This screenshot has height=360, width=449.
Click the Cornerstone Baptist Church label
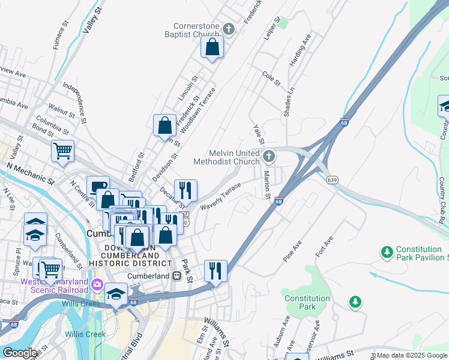coord(196,30)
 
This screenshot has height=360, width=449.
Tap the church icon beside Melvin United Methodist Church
coord(269,157)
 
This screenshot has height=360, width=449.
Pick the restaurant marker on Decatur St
coord(186,190)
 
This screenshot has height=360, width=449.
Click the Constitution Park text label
coord(307,302)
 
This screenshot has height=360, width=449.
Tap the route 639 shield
coord(332,179)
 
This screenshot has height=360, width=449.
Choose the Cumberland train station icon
coord(176,276)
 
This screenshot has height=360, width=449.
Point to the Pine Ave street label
coord(292,253)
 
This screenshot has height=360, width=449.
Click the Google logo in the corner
coord(20,353)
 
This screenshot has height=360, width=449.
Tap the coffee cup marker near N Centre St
coord(97,185)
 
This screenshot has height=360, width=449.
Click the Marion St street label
coord(267,184)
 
